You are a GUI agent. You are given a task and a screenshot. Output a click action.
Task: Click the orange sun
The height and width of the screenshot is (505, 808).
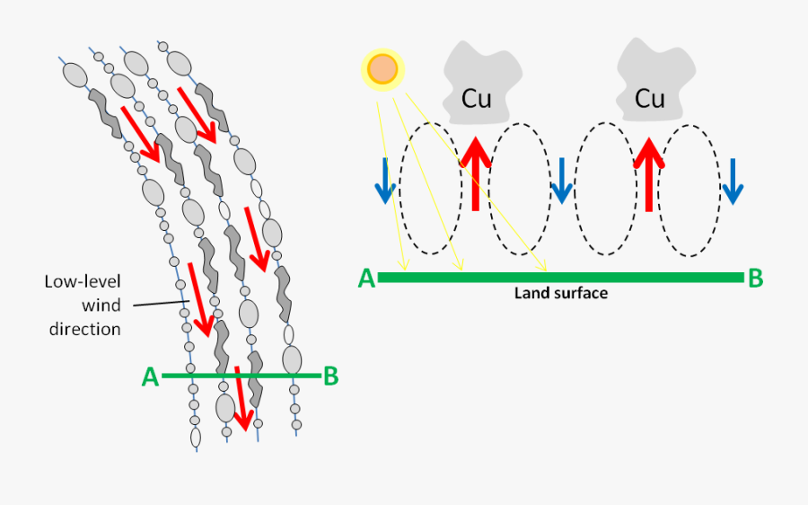(x=382, y=69)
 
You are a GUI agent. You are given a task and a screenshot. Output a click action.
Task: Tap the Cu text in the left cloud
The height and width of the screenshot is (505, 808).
(x=476, y=98)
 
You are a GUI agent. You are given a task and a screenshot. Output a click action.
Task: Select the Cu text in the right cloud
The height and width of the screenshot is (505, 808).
(x=649, y=98)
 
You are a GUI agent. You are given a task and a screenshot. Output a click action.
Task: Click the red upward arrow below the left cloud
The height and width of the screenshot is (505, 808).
(x=476, y=171)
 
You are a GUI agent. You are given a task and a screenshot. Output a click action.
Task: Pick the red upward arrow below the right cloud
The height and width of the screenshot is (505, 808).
(x=649, y=171)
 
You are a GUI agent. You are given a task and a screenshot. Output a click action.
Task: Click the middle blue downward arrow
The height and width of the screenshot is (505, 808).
(x=561, y=181)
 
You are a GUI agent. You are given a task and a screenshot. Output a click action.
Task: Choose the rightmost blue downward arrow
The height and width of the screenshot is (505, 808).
(x=734, y=181)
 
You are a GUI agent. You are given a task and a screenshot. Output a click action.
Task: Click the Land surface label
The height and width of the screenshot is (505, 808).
(x=560, y=293)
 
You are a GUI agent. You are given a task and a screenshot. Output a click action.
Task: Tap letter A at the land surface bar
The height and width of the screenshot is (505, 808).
(x=366, y=279)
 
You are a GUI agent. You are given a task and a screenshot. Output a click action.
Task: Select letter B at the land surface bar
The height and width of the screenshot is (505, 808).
(x=755, y=279)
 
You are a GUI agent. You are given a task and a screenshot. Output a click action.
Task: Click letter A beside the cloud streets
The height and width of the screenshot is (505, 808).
(x=150, y=377)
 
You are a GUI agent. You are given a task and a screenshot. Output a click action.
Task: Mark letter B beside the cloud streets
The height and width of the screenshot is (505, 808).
(x=330, y=377)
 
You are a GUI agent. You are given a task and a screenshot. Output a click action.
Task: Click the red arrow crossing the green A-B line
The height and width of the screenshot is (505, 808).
(x=240, y=398)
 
